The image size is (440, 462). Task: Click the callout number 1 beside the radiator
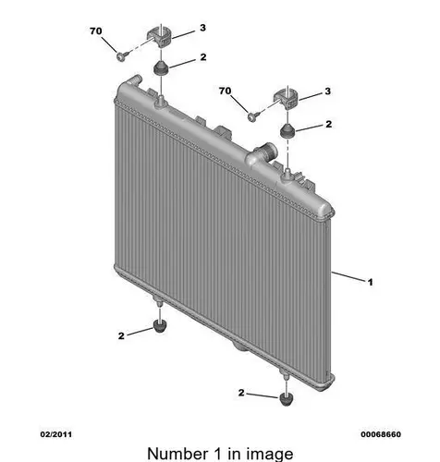[x=370, y=282]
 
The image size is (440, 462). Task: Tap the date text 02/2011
[x=56, y=434]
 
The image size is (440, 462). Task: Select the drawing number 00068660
[x=381, y=434]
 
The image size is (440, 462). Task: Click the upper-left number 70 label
[x=96, y=31]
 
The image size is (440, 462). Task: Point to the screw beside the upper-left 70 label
[x=122, y=56]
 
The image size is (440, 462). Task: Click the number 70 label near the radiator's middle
[x=225, y=91]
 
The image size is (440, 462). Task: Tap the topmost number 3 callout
[x=202, y=28]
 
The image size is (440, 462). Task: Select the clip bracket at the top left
[x=159, y=37]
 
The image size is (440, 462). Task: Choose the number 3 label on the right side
[x=327, y=91]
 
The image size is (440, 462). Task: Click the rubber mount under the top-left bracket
[x=161, y=67]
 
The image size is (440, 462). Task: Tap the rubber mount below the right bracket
[x=287, y=130]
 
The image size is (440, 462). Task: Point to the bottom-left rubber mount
[x=160, y=326]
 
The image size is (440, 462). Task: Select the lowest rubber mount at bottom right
[x=287, y=399]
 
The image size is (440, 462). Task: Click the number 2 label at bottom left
[x=121, y=335]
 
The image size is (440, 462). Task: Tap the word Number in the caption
[x=177, y=454]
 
